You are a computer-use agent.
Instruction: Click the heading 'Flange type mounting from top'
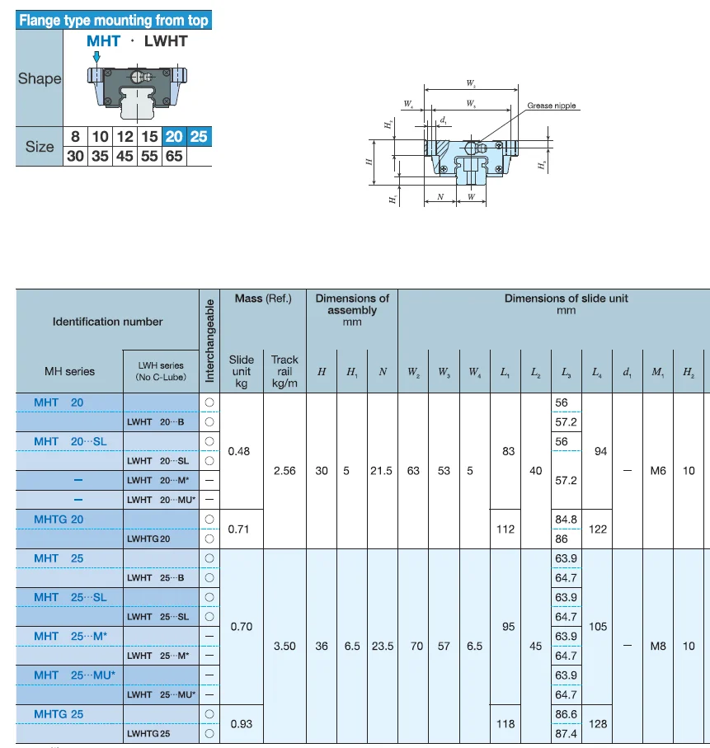[x=114, y=20]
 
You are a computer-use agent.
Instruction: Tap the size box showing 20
[x=174, y=136]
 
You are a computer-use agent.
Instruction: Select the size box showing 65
[x=174, y=155]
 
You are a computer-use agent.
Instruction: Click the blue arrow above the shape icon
[x=96, y=56]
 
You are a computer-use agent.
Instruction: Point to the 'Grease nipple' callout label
[x=552, y=106]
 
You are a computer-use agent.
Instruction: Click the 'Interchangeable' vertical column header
[x=209, y=340]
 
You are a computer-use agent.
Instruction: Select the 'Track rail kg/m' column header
[x=284, y=371]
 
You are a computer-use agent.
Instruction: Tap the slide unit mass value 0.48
[x=238, y=451]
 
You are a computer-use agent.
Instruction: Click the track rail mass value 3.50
[x=284, y=646]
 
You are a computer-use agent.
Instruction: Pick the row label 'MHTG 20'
[x=59, y=519]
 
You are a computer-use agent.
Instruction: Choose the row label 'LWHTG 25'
[x=148, y=733]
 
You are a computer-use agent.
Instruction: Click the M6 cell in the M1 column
[x=657, y=470]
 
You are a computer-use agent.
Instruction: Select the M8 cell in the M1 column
[x=657, y=646]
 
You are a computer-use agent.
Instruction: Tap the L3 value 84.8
[x=566, y=519]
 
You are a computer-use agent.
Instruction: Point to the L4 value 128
[x=598, y=723]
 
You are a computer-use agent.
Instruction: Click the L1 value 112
[x=507, y=529]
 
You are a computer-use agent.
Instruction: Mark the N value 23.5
[x=382, y=646]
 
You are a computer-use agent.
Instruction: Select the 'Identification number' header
[x=107, y=322]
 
